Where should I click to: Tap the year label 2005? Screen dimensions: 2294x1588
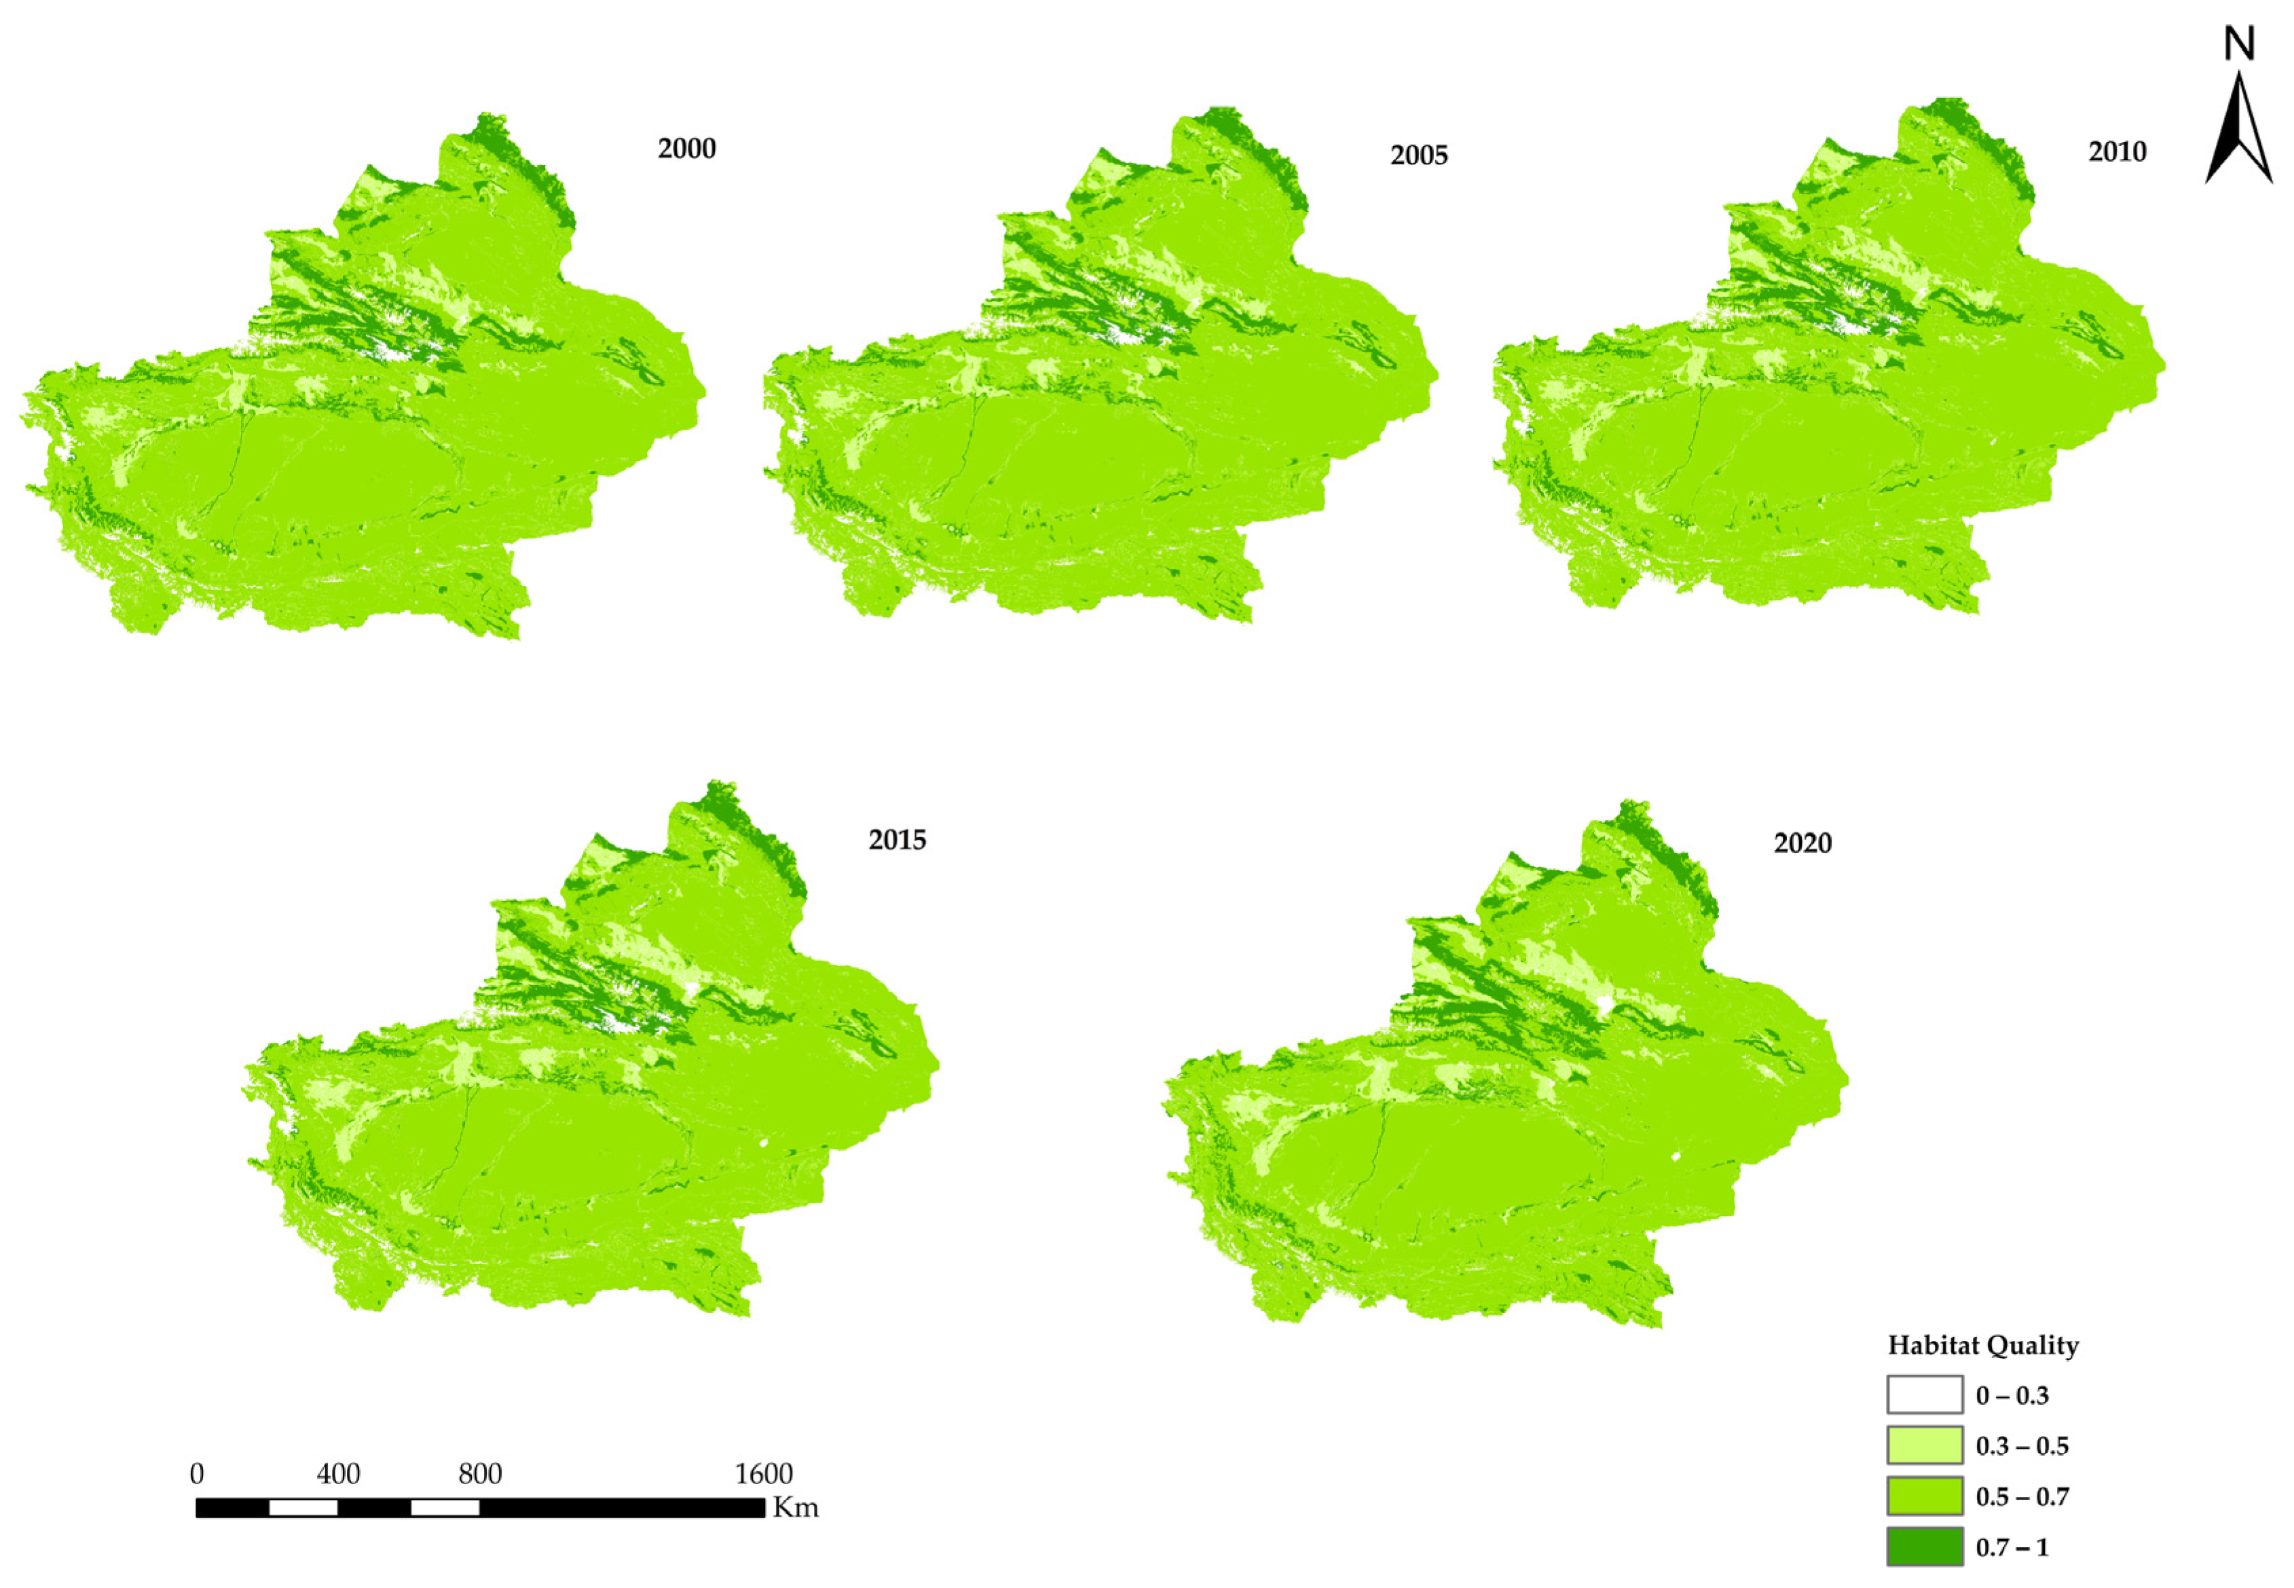pos(1419,156)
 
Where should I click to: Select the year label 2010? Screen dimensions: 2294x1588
pos(2117,152)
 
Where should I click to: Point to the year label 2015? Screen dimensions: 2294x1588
pos(898,841)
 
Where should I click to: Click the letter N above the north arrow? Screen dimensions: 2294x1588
pos(2239,43)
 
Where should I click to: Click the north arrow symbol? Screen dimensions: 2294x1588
pos(2239,130)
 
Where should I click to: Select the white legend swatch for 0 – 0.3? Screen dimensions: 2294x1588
pos(1925,1395)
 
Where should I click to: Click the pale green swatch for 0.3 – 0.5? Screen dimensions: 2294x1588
pos(1925,1445)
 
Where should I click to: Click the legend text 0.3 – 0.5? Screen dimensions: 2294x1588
pos(2022,1445)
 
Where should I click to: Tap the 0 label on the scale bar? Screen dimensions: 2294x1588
pos(197,1473)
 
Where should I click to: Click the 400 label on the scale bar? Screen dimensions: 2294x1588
pos(338,1473)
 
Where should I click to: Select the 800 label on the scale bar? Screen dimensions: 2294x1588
pos(479,1473)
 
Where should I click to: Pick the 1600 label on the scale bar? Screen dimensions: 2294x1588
pos(764,1473)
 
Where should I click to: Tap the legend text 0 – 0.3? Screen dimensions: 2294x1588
pos(2012,1395)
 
